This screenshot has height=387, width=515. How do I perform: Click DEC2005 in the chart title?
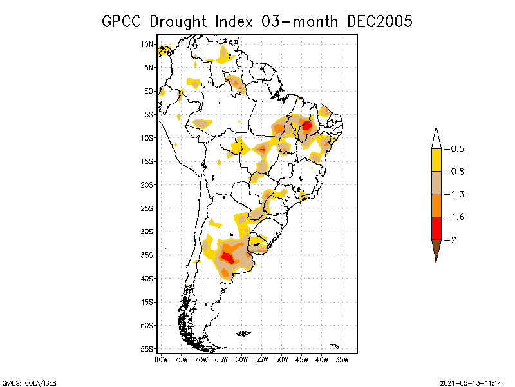click(379, 21)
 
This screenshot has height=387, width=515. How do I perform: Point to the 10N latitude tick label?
click(147, 45)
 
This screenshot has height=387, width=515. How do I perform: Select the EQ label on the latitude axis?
click(149, 91)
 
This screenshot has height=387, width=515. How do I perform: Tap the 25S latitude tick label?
click(147, 208)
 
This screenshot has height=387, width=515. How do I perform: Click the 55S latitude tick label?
click(147, 348)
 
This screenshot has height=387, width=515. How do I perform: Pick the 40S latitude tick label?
click(147, 278)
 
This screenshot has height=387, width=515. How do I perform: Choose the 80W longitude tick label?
click(161, 359)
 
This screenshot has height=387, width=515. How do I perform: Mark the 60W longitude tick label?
click(241, 359)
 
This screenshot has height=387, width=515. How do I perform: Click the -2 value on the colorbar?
click(453, 239)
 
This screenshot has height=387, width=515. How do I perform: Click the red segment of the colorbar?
click(436, 228)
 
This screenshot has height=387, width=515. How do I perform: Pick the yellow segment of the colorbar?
click(436, 160)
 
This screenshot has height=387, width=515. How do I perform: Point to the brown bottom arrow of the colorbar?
click(436, 250)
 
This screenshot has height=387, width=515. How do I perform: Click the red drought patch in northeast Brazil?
click(307, 126)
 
